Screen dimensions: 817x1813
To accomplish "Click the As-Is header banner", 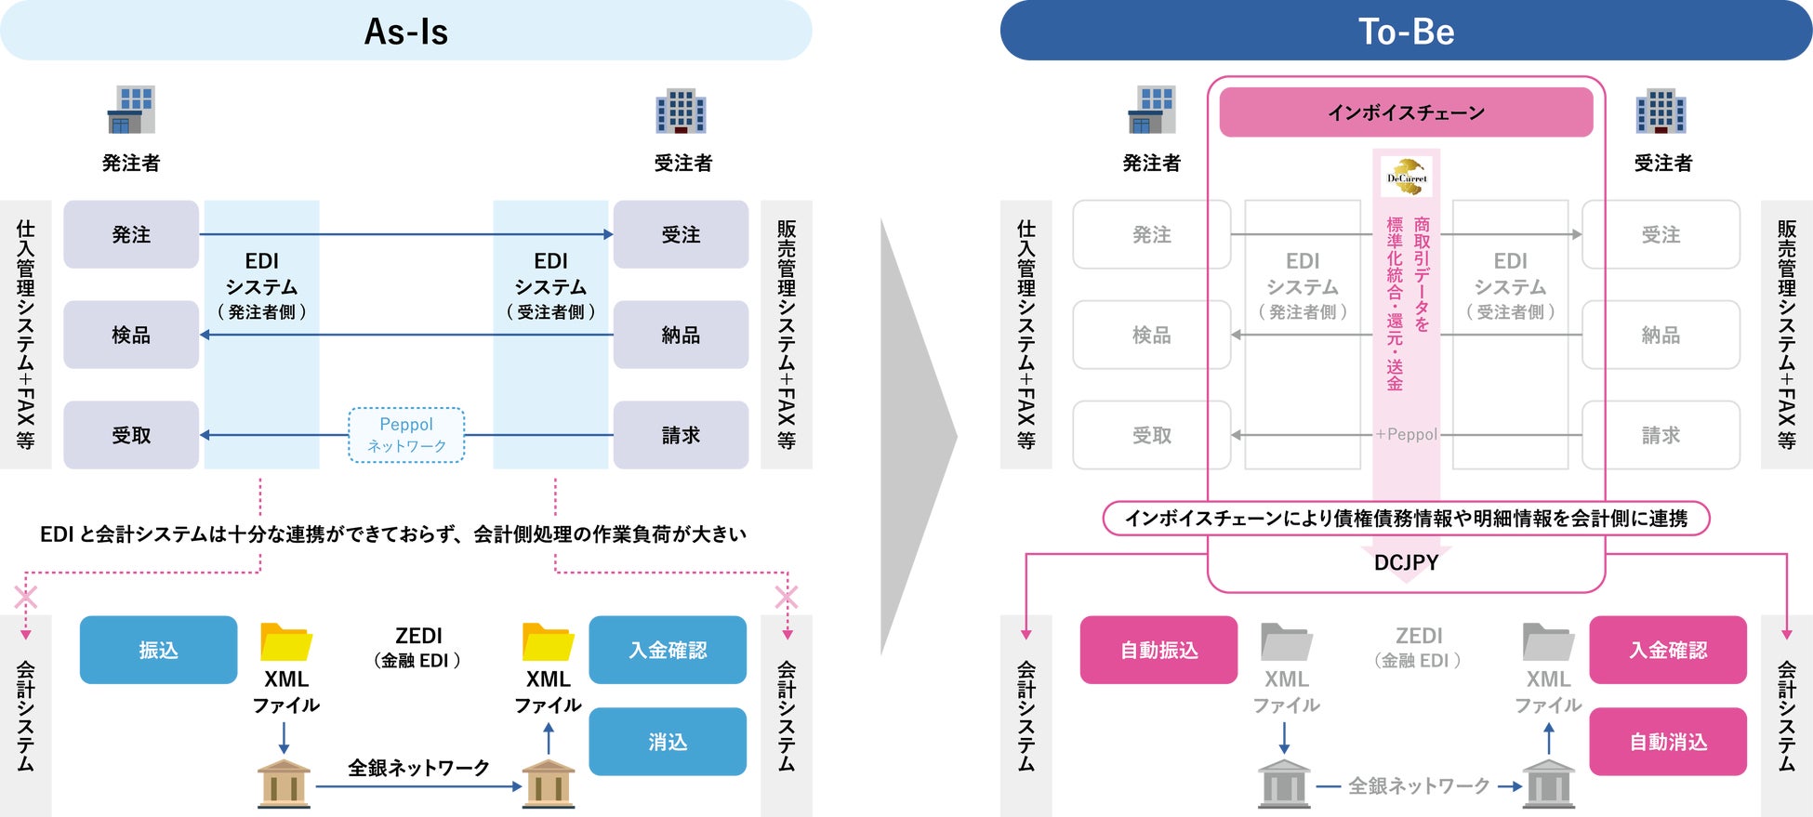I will [406, 31].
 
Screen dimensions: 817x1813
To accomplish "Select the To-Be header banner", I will [1406, 31].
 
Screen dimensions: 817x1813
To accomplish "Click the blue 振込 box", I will [158, 650].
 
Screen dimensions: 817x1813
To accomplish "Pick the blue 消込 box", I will [668, 742].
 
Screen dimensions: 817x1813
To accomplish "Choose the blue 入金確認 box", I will [668, 650].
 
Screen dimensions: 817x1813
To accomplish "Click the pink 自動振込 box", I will [1158, 650].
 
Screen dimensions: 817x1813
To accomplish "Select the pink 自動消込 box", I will [1668, 742].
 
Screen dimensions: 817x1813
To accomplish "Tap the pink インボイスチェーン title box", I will [1406, 112].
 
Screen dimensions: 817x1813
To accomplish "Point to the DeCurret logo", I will [1406, 177].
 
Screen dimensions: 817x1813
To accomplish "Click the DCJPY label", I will [1406, 562].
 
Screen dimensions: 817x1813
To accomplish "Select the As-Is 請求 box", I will [681, 435].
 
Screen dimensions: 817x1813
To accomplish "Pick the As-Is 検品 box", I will [131, 335].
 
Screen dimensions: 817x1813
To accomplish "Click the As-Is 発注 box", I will [131, 234].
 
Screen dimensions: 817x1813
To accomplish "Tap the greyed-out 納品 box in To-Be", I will [1661, 335].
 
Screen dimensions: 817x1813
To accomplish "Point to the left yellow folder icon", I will [285, 641].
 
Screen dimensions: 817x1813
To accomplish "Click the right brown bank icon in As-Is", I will [548, 783].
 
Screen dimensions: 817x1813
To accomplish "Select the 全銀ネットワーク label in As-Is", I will [418, 768].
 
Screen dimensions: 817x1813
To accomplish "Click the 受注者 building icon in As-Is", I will [681, 112].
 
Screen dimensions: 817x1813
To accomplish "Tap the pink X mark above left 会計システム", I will [26, 597].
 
